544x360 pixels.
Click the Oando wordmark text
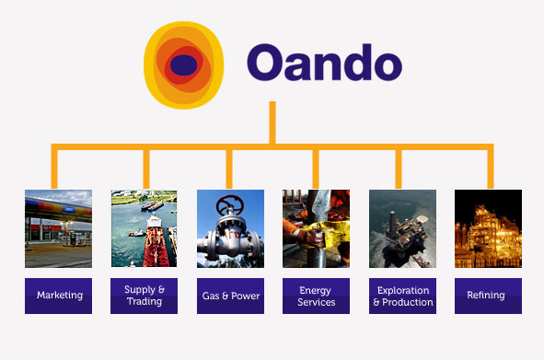coord(324,64)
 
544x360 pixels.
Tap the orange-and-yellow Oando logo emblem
coord(184,64)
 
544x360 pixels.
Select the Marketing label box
coord(59,296)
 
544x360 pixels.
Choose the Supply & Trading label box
coord(145,296)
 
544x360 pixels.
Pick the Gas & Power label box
coord(230,296)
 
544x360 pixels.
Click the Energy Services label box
coord(316,296)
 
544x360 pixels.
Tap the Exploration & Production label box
coord(402,296)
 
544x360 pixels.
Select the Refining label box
coord(488,296)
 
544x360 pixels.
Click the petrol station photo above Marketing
coord(59,228)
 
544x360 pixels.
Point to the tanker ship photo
coord(145,228)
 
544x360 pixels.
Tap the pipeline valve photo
coord(230,228)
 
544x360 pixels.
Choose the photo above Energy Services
coord(316,228)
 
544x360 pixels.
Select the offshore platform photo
coord(402,228)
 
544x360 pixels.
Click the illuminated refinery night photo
coord(488,228)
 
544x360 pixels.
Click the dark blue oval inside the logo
coord(184,64)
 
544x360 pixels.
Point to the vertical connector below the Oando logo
coord(272,122)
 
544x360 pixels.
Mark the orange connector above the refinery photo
coord(489,168)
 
